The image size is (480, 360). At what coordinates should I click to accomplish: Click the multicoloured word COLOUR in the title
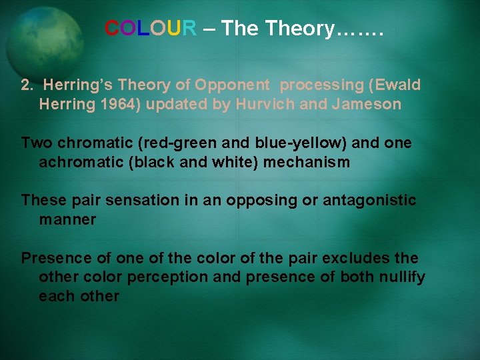pyautogui.click(x=150, y=29)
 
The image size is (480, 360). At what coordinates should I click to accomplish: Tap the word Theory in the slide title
pyautogui.click(x=299, y=29)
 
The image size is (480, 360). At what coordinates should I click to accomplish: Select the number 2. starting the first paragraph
pyautogui.click(x=27, y=85)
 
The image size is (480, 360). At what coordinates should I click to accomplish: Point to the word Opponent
pyautogui.click(x=233, y=85)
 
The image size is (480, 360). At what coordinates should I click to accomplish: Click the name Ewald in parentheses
pyautogui.click(x=399, y=85)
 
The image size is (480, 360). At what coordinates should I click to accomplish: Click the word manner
pyautogui.click(x=67, y=220)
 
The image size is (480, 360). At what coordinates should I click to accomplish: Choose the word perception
pyautogui.click(x=171, y=277)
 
